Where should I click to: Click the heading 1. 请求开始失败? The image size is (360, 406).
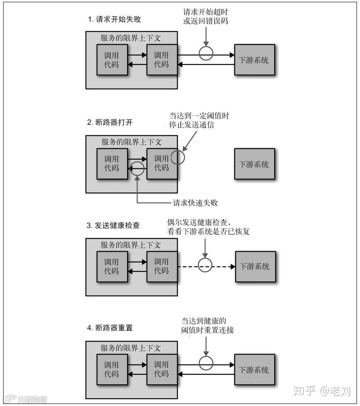pos(114,19)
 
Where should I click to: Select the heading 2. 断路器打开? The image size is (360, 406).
pos(110,123)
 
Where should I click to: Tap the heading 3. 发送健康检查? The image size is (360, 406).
pos(113,225)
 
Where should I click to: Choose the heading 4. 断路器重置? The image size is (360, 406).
pos(110,328)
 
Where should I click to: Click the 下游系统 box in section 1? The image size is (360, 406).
pos(254,60)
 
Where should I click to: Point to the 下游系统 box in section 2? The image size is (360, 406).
pos(254,164)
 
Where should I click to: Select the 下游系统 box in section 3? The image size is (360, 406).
pos(255,266)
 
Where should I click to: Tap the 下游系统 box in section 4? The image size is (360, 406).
pos(254,370)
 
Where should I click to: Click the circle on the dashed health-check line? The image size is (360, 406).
pos(205,265)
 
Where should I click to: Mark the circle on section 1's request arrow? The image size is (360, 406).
pos(206,53)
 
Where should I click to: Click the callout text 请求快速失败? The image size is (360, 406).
pos(195,203)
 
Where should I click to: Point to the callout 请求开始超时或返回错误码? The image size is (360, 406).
pos(206,16)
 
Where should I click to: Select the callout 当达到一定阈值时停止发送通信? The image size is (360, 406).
pos(199,120)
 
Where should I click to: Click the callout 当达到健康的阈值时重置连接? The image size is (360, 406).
pos(208,325)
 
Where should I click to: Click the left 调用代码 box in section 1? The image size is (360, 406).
pos(112,60)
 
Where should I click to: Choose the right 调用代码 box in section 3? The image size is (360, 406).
pos(162,266)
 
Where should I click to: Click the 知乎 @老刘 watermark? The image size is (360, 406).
pos(322,391)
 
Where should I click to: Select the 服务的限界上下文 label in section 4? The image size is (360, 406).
pos(131,348)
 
